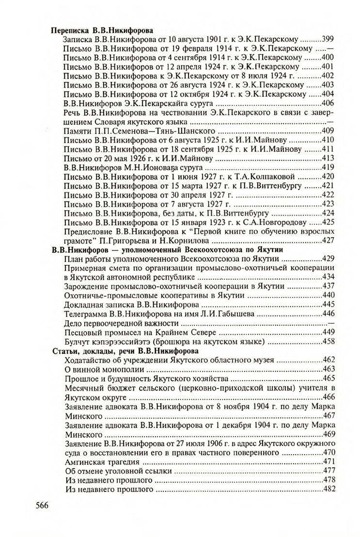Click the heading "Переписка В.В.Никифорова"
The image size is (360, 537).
click(x=95, y=30)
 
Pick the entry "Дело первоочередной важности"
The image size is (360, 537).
click(x=118, y=323)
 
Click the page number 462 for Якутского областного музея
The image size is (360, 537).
click(x=329, y=360)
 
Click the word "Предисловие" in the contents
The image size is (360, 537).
click(x=88, y=231)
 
